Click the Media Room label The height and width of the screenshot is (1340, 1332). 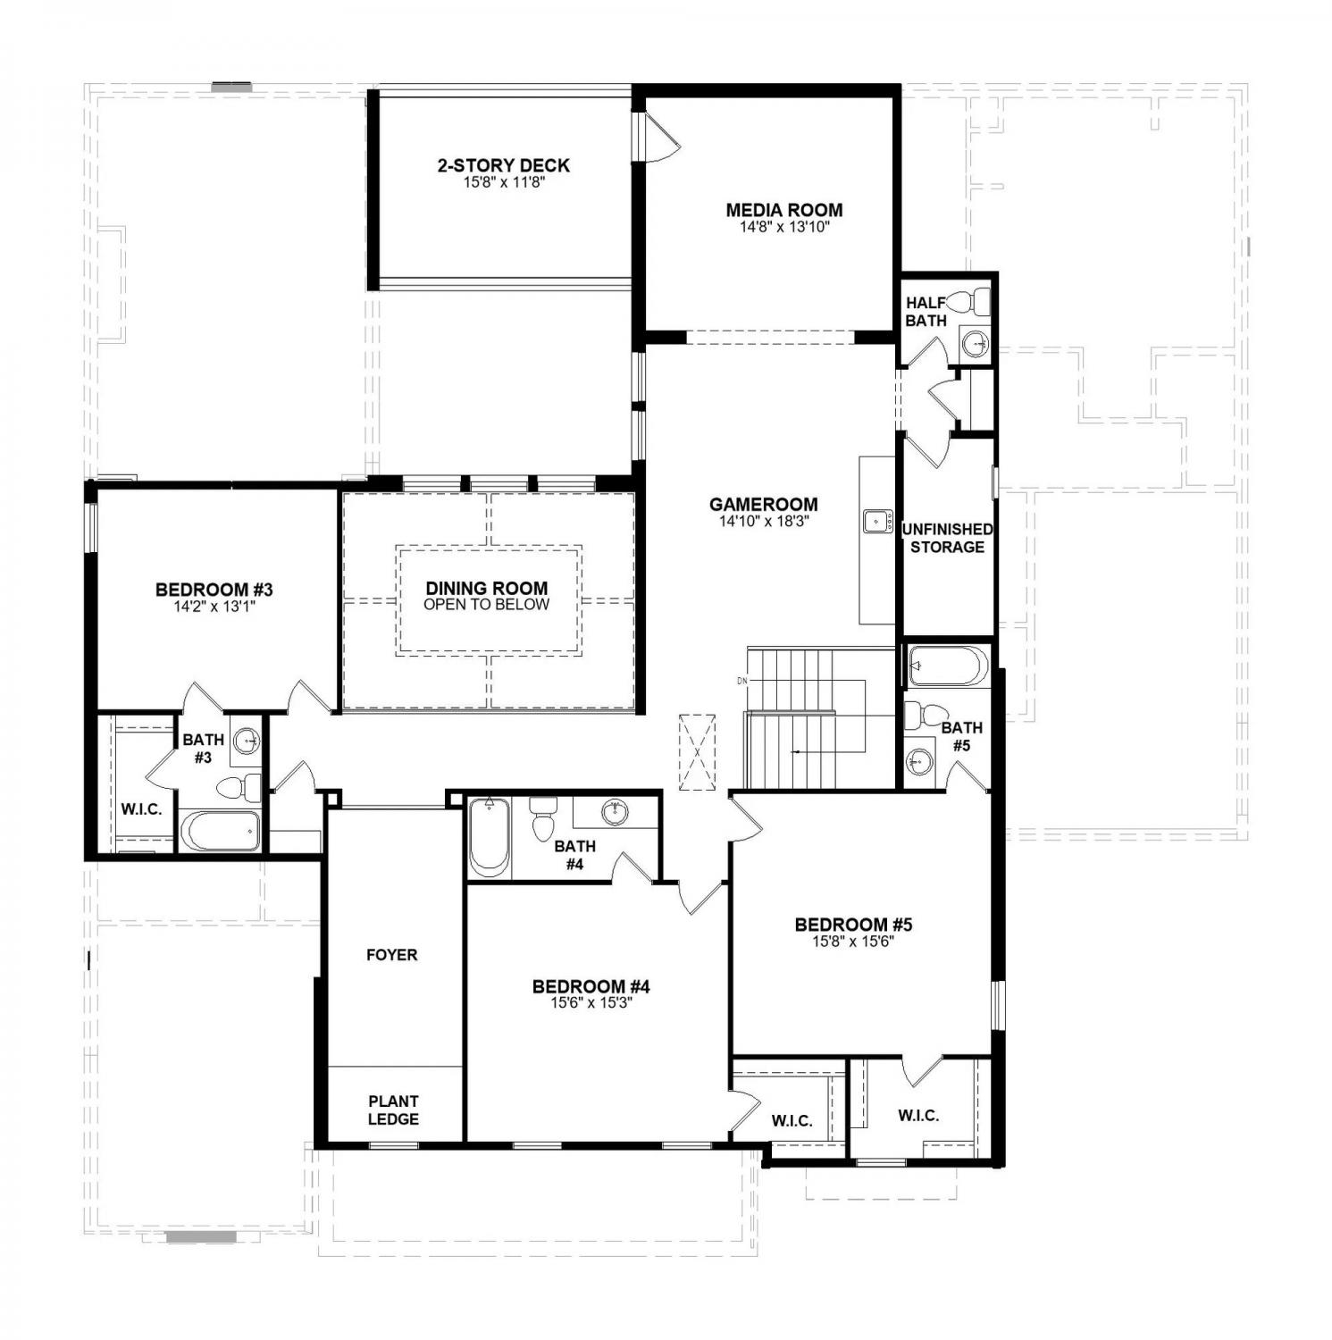coord(783,211)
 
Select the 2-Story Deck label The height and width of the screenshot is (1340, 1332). coord(503,165)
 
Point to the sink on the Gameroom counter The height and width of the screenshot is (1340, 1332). coord(875,521)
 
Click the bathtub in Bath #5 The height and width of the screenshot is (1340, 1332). coord(948,666)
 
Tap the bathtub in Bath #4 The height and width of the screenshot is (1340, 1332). coord(489,837)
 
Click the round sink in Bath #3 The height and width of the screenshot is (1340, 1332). coord(247,741)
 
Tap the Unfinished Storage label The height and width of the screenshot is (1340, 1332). coord(947,538)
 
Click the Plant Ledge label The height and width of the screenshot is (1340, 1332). coord(393,1110)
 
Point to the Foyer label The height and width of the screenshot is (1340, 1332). coord(392,955)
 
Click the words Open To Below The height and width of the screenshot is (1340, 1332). coord(487,605)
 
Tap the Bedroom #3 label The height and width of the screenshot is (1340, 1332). coord(214,590)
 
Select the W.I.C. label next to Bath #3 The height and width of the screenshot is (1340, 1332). coord(141,809)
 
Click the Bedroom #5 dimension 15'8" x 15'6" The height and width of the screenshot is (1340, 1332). coord(853,941)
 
